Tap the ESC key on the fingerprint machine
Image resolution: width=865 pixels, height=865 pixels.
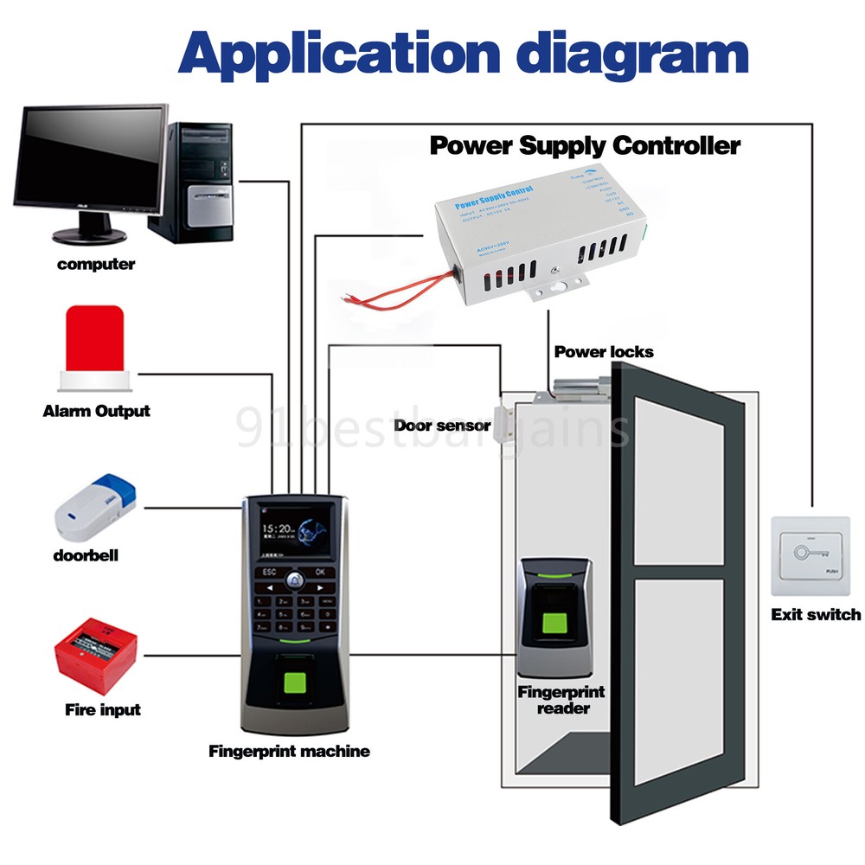click(x=268, y=572)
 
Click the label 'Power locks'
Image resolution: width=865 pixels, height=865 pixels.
click(x=604, y=352)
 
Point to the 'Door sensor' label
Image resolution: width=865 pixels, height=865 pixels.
click(x=442, y=426)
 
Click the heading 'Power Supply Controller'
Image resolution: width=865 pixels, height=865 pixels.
click(x=585, y=145)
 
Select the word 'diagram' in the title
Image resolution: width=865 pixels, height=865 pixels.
click(x=625, y=54)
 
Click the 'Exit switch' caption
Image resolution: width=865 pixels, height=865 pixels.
click(x=815, y=615)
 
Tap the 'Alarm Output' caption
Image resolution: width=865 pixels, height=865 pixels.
click(x=96, y=412)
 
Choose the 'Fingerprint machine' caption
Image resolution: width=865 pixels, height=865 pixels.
click(x=289, y=752)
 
